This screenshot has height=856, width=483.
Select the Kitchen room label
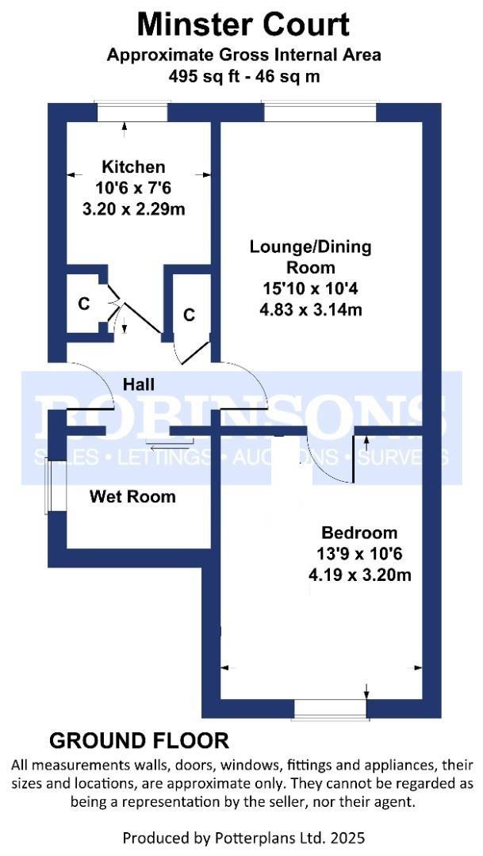click(133, 166)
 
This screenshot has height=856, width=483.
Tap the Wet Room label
click(132, 497)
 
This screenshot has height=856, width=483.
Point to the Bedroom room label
click(359, 533)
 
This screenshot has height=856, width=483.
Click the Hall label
click(139, 384)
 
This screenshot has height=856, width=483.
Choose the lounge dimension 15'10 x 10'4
click(310, 289)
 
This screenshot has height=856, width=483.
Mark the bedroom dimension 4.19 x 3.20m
click(359, 575)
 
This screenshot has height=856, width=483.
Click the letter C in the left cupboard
click(82, 304)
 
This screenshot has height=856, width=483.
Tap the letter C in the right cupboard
click(189, 315)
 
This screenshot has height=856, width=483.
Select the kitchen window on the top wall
click(132, 113)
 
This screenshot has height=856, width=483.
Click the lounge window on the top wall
click(320, 113)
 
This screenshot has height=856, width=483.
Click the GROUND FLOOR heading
click(140, 741)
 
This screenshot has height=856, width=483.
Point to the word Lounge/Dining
click(310, 246)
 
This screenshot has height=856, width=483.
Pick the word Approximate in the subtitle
click(159, 55)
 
